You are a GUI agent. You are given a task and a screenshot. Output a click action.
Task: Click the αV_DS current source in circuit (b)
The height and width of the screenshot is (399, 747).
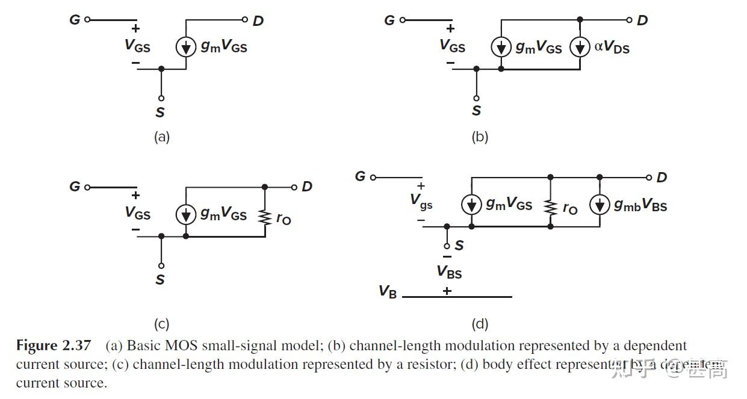(x=580, y=47)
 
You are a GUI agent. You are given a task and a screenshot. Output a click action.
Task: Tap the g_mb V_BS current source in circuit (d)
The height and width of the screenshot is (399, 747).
(x=600, y=205)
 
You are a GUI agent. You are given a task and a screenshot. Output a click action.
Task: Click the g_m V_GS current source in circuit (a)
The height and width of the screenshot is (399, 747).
(x=186, y=47)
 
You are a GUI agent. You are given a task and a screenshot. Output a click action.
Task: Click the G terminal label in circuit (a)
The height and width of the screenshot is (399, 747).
(x=75, y=20)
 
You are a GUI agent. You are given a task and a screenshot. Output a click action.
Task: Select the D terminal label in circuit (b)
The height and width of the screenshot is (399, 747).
(x=642, y=20)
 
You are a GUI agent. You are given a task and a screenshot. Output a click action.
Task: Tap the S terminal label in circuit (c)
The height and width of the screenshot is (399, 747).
(x=160, y=279)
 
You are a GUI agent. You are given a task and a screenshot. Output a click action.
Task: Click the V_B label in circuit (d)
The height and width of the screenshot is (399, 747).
(x=388, y=291)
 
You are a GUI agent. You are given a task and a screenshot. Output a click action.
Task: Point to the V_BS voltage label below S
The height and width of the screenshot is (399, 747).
(x=449, y=272)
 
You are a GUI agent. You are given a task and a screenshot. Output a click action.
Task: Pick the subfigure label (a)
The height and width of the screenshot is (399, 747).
(x=161, y=137)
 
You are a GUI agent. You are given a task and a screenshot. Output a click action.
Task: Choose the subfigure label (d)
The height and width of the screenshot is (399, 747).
(x=480, y=324)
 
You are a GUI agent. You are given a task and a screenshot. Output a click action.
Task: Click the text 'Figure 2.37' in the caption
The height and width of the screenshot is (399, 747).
(x=54, y=346)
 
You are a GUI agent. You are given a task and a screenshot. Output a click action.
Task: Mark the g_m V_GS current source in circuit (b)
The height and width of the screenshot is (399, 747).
(x=501, y=47)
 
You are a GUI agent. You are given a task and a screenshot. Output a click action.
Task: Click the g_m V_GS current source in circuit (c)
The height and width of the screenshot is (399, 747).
(x=186, y=214)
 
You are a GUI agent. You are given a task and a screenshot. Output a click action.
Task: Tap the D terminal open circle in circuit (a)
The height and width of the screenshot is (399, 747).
(x=245, y=20)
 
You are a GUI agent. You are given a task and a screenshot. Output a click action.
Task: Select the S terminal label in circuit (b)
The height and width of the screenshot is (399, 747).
(x=476, y=111)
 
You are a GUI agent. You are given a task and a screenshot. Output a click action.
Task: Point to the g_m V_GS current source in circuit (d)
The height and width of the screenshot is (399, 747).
(x=471, y=205)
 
